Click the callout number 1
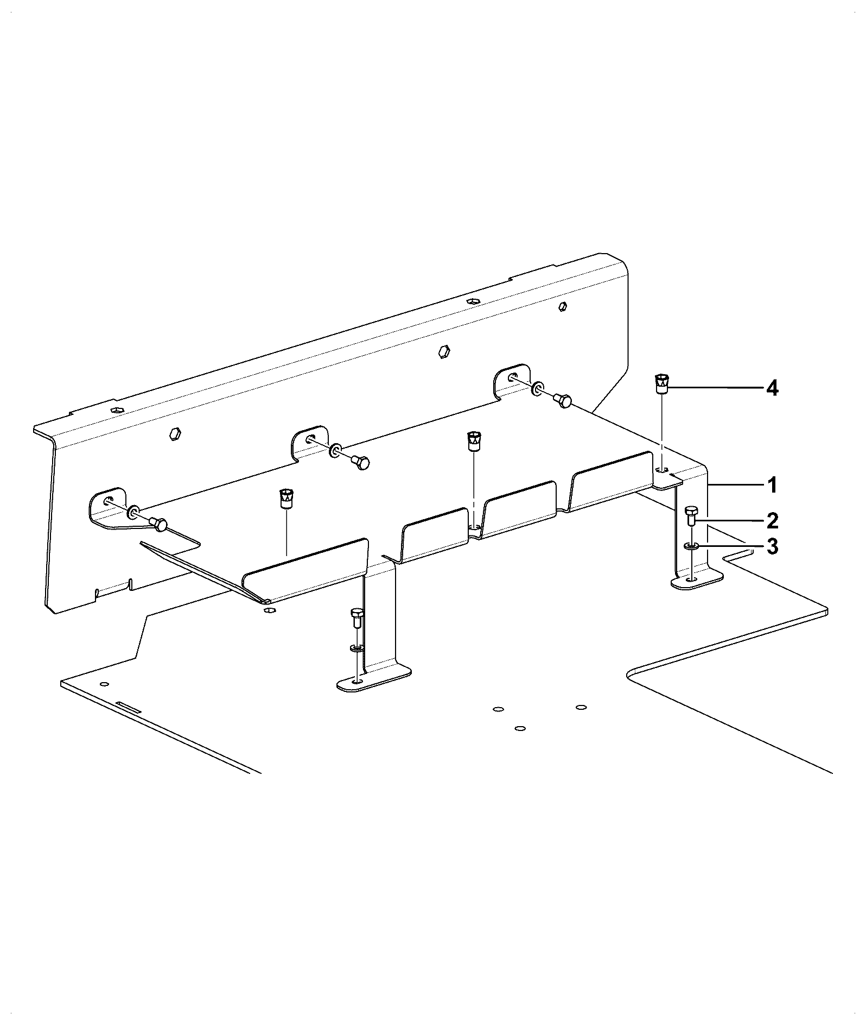click(772, 485)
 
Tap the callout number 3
click(772, 546)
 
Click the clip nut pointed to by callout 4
click(661, 383)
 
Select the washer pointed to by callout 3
click(691, 546)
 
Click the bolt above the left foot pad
click(356, 619)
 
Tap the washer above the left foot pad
click(356, 648)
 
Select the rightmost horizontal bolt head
click(562, 401)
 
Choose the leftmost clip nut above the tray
click(285, 497)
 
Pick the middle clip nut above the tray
click(474, 441)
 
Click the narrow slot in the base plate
click(129, 707)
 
